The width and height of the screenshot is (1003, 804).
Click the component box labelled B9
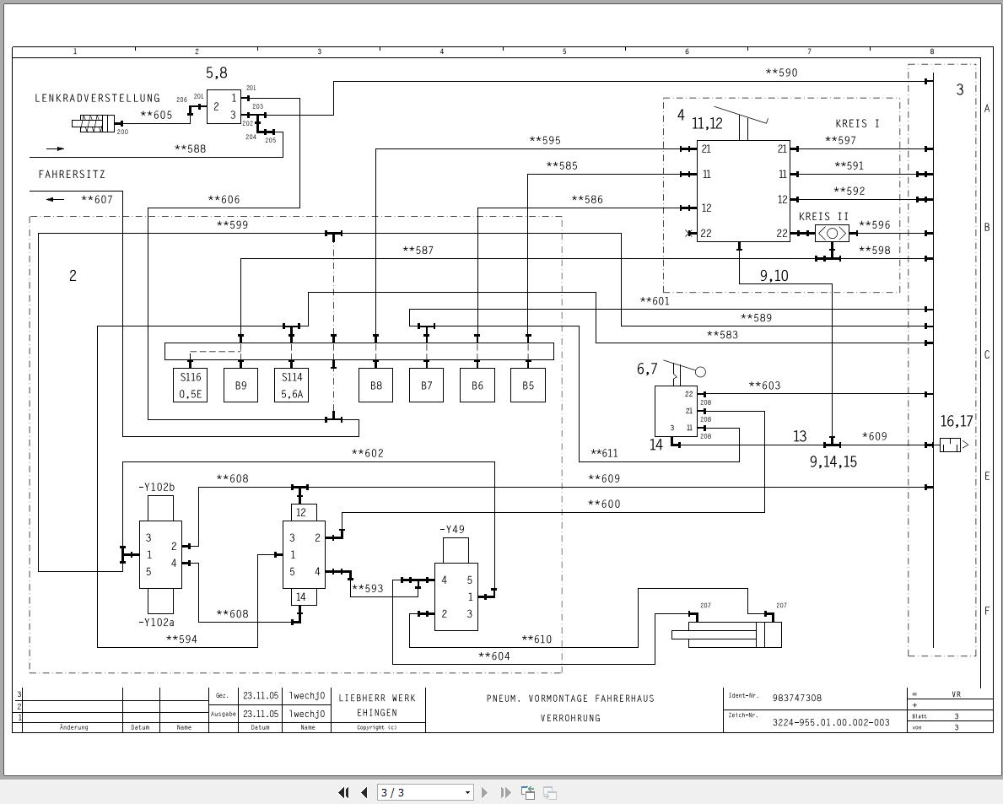coord(240,386)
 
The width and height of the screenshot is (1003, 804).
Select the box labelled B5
coord(527,386)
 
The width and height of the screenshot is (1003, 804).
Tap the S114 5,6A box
coord(291,386)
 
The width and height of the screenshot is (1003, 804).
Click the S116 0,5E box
coord(190,386)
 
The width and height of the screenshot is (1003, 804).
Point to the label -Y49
coord(452,530)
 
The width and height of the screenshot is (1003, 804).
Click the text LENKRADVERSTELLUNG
coord(97,99)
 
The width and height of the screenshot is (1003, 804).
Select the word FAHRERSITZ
coord(72,175)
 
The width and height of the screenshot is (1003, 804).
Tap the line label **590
coord(781,73)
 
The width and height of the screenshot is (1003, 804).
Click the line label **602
coord(367,454)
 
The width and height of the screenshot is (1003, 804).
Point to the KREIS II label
coord(823,217)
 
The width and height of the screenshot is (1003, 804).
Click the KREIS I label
coord(857,124)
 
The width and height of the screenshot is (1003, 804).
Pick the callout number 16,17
coord(957,422)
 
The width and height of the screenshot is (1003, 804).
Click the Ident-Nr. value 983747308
coord(796,699)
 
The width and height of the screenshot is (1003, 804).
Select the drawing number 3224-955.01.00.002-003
coord(831,722)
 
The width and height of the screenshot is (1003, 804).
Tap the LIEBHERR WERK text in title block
coord(377,699)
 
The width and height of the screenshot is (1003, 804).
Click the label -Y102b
coord(156,488)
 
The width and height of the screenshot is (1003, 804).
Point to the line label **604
coord(493,656)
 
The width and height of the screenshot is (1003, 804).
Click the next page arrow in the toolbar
coord(485,792)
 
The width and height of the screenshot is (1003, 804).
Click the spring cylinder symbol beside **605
coord(93,125)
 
